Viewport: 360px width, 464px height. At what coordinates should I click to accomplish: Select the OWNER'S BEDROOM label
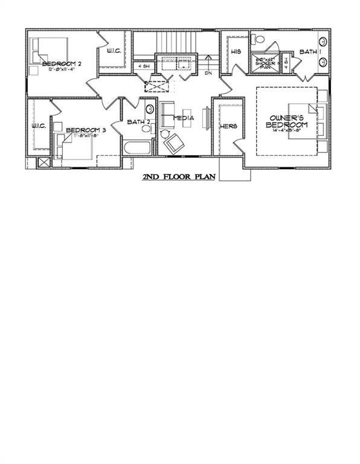coord(287,121)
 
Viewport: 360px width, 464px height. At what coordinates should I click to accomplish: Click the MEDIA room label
coord(183,118)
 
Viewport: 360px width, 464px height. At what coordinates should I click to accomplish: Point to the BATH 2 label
coord(138,122)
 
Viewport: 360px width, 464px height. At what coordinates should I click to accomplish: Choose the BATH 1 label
coord(309,52)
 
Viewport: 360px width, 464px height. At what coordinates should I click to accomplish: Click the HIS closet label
coord(236,52)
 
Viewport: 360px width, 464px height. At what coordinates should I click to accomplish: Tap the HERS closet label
coord(229,126)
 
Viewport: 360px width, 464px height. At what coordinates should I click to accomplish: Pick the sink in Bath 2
coord(149,109)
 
